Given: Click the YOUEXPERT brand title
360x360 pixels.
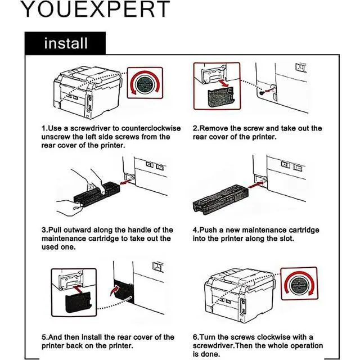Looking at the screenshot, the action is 95,9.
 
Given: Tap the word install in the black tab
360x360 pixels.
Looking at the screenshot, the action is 66,43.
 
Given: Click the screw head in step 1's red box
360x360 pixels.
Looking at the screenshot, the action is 145,84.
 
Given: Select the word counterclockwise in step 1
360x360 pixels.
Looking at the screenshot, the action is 151,128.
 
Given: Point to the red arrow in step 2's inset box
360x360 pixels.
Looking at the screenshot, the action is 223,83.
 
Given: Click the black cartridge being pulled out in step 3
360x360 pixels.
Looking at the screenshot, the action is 96,194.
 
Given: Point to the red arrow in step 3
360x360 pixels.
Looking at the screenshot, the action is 126,182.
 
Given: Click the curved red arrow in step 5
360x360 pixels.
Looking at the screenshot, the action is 115,290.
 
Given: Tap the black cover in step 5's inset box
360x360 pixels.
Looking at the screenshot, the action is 79,302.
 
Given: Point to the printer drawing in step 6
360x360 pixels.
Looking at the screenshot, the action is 239,295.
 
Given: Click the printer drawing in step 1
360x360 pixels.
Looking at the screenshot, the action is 88,92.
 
